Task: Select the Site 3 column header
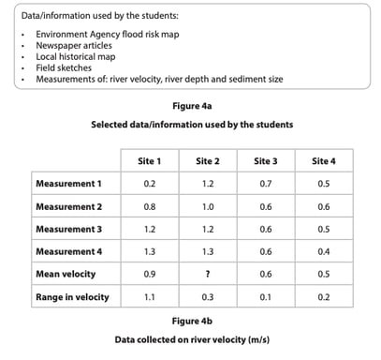(x=266, y=160)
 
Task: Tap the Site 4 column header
(x=324, y=160)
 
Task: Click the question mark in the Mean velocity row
(x=208, y=274)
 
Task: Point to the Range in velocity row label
(x=71, y=297)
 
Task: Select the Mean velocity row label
(x=63, y=274)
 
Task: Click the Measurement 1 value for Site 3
(x=266, y=184)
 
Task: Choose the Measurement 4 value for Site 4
(x=324, y=251)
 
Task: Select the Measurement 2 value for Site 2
(x=208, y=206)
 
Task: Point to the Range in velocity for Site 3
(x=266, y=297)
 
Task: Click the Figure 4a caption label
(x=191, y=106)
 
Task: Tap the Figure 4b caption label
(x=191, y=320)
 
